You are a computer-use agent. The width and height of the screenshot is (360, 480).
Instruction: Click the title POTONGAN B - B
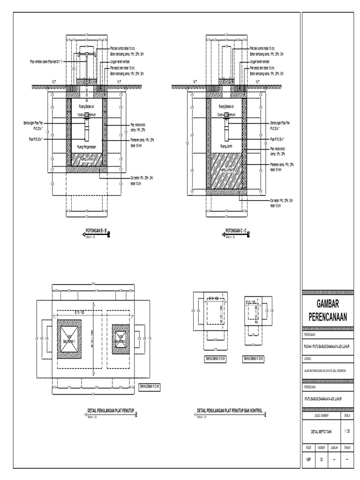[96, 230]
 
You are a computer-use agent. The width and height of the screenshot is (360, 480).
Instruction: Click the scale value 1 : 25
[347, 430]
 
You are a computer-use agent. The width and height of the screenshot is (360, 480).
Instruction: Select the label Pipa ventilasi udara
[47, 61]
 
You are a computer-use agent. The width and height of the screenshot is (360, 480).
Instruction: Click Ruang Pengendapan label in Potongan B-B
[87, 146]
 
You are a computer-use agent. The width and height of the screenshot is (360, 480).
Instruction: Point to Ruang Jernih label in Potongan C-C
[226, 147]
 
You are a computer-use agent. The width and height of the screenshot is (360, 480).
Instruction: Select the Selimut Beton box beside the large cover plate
[150, 387]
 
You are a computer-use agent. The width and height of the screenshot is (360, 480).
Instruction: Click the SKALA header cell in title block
[347, 415]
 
